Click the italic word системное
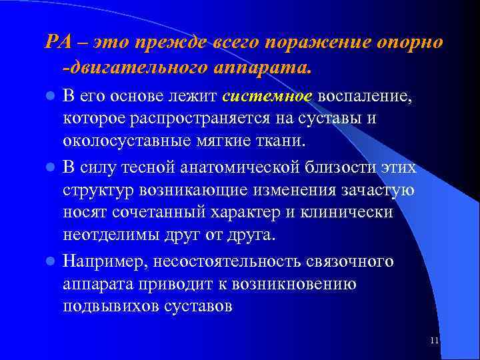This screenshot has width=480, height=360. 269,96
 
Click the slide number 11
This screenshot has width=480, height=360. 434,341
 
